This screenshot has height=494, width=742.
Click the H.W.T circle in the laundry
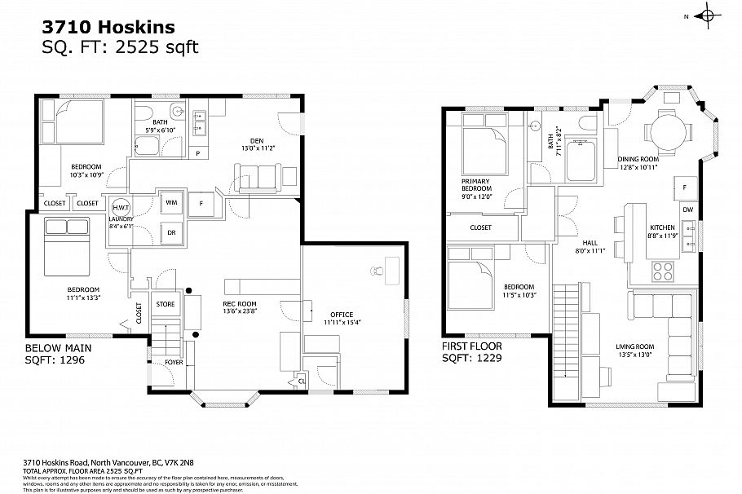pos(121,208)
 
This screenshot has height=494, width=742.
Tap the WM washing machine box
pos(172,201)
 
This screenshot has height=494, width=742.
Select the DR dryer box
pos(172,232)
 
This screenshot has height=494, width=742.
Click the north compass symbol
pos(707,16)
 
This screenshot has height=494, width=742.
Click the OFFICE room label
pos(342,314)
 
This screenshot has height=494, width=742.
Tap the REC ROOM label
pos(241,305)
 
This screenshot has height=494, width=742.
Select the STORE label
pos(166,304)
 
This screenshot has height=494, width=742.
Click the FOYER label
pos(174,361)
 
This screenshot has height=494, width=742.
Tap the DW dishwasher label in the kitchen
pos(687,210)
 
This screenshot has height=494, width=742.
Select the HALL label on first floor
pos(591,242)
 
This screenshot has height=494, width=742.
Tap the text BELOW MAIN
pos(58,347)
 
